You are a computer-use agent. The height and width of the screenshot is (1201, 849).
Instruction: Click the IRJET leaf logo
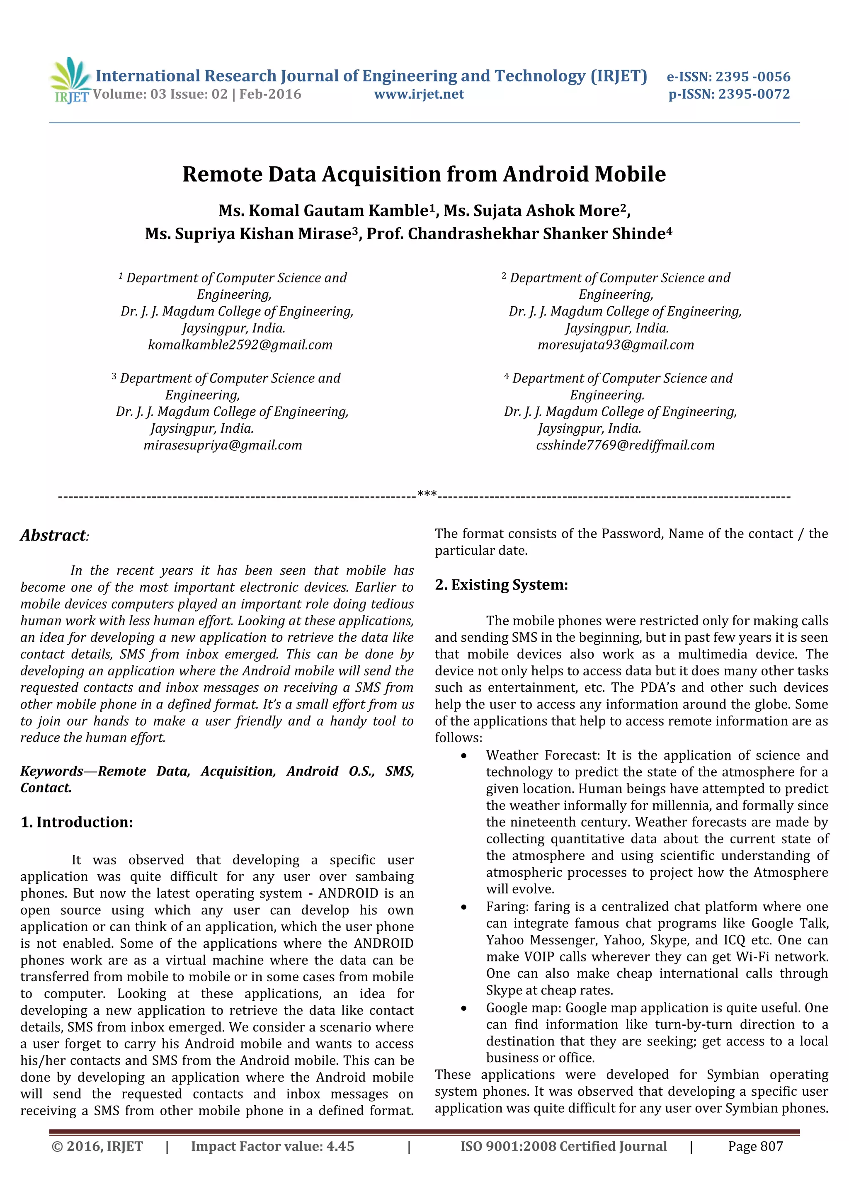[x=70, y=80]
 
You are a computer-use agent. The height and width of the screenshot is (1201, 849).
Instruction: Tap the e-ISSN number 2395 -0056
[x=753, y=77]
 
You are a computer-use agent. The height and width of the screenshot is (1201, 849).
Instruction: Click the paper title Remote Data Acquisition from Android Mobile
[x=424, y=174]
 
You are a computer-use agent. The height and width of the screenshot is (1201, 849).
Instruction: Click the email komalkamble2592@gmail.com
[x=240, y=345]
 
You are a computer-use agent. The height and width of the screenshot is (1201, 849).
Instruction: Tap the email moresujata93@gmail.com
[x=616, y=345]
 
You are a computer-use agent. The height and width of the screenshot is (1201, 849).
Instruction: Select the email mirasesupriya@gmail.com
[x=223, y=445]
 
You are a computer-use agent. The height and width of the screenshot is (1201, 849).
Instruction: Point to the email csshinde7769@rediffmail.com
[x=625, y=445]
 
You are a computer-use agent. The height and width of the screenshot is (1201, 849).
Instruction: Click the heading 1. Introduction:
[x=76, y=822]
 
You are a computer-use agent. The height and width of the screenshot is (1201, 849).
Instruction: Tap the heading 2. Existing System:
[x=501, y=584]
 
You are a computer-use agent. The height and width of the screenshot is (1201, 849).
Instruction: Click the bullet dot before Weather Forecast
[x=463, y=756]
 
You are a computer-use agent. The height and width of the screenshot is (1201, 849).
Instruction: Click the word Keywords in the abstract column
[x=51, y=771]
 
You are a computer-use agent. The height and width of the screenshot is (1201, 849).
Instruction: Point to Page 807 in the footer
[x=755, y=1146]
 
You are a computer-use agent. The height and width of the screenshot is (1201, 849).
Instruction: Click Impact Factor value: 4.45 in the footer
[x=272, y=1146]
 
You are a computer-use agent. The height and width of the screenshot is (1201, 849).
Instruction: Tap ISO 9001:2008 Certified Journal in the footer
[x=563, y=1146]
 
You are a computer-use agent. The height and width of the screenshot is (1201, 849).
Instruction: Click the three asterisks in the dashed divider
[x=427, y=494]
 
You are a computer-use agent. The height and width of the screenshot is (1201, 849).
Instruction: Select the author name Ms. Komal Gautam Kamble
[x=323, y=210]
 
